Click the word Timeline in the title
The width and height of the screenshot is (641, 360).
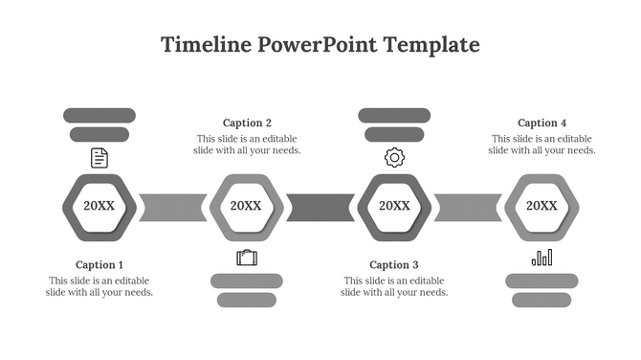coord(206,45)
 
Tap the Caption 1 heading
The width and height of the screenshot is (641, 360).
coord(99,265)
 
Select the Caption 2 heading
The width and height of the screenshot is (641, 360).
coord(247,123)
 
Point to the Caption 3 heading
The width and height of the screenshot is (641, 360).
coord(394,265)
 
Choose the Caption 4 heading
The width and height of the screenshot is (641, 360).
coord(542,123)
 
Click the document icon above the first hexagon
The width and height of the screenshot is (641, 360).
coord(99,158)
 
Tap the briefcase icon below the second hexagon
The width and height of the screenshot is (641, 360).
coord(247,257)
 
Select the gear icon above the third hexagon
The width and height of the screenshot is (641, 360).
coord(394,158)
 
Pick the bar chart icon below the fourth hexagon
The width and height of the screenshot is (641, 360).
coord(542,257)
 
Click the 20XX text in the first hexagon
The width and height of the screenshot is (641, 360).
coord(99,206)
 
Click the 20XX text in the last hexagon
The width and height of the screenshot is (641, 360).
coord(542,206)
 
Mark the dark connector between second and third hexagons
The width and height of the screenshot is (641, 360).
coord(320,207)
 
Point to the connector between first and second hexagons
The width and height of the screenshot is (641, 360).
coord(173,207)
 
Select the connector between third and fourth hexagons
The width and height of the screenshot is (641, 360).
coord(468,207)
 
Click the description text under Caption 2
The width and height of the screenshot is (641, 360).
coord(248,144)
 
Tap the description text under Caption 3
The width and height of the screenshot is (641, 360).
coord(394,286)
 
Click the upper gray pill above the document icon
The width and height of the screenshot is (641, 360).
coord(99,116)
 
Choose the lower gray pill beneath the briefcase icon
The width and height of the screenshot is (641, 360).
coord(247,301)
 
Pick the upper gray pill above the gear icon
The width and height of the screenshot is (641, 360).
coord(394,116)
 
